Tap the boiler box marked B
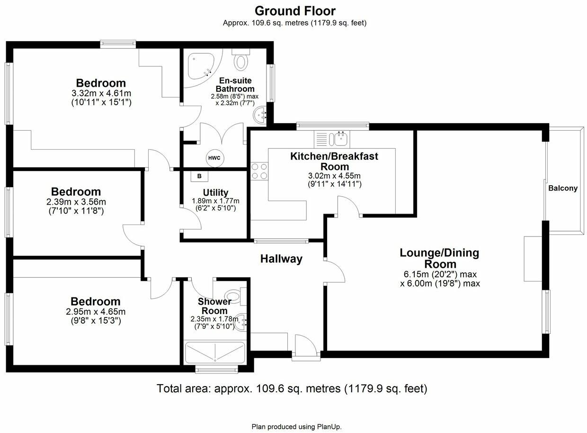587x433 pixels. click(x=199, y=176)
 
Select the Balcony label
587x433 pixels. click(x=563, y=188)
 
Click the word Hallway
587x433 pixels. click(x=281, y=259)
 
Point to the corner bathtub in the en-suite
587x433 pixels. click(x=203, y=67)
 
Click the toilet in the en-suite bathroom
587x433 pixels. click(x=241, y=61)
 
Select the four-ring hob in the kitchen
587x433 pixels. click(x=258, y=171)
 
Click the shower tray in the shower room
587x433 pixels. click(x=215, y=352)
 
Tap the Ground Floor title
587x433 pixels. click(x=295, y=10)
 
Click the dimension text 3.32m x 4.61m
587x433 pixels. click(x=101, y=93)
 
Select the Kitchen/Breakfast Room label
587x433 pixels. click(x=334, y=161)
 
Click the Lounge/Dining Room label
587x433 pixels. click(x=439, y=258)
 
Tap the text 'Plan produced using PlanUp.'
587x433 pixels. click(x=296, y=426)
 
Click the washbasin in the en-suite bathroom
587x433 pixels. click(x=260, y=114)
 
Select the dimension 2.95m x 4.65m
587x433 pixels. click(x=95, y=311)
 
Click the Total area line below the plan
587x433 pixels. click(x=292, y=389)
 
